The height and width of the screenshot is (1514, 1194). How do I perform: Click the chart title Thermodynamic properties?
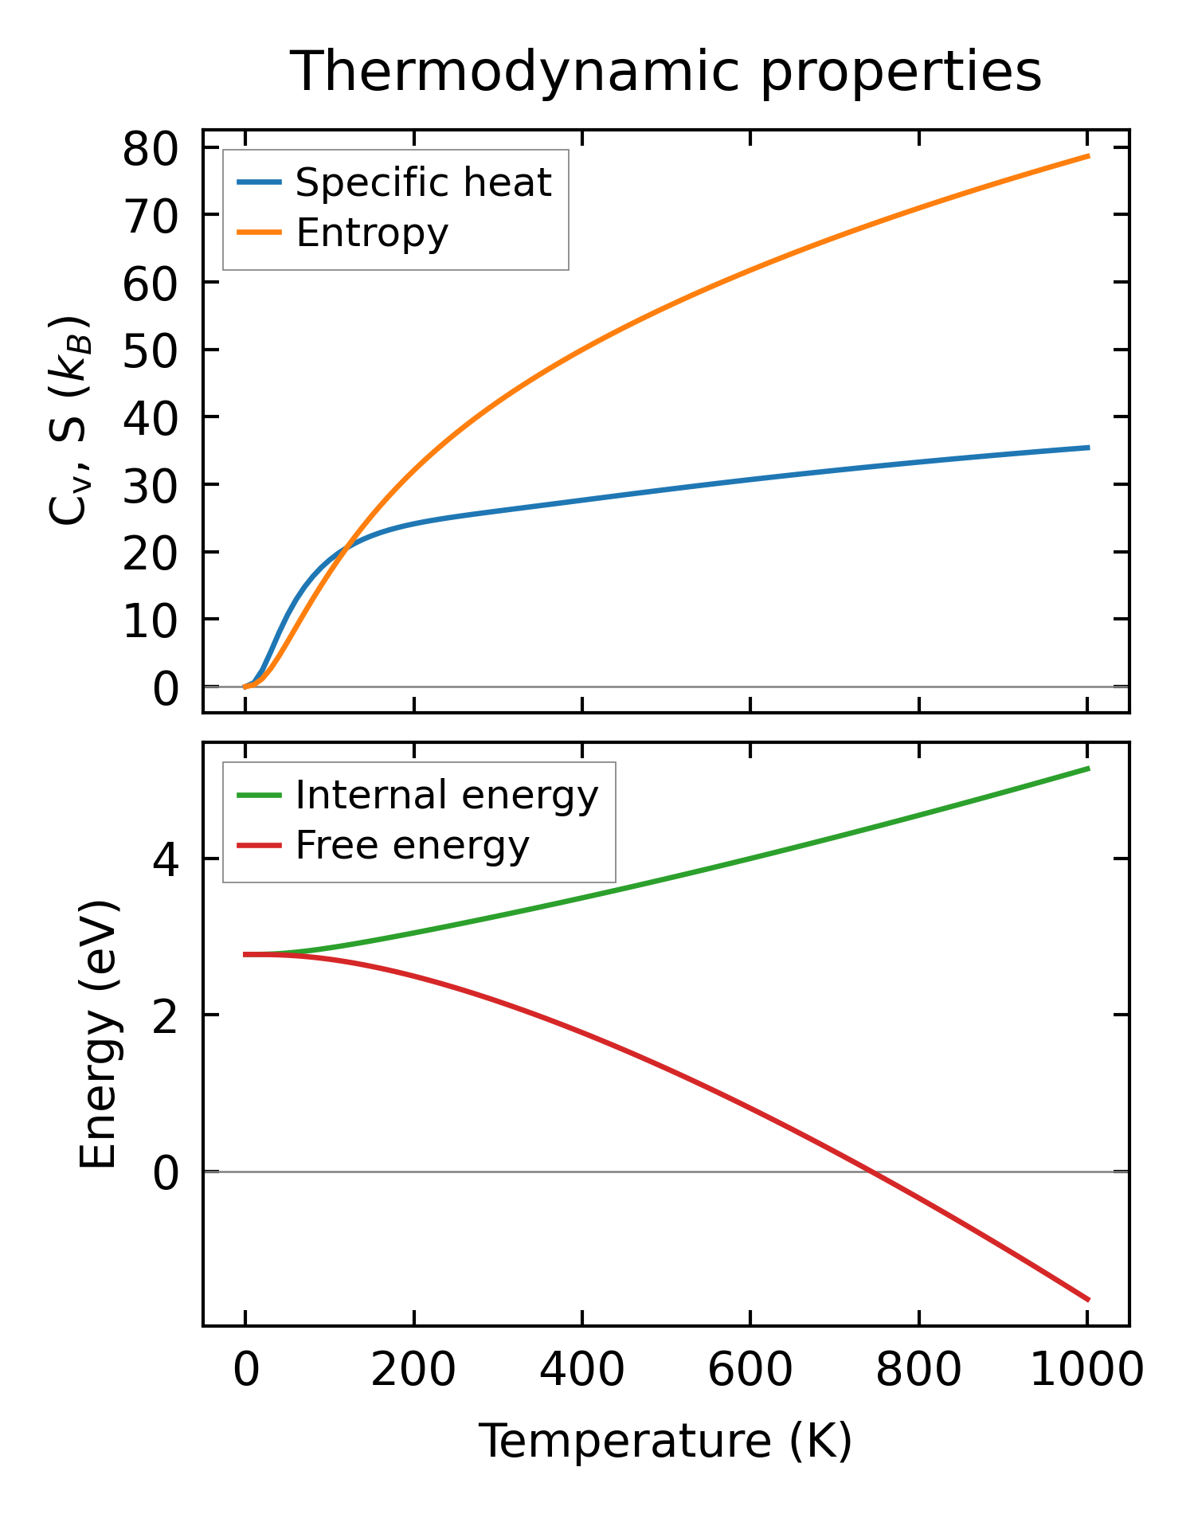coord(665,72)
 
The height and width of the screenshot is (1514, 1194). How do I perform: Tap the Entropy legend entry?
coord(372,233)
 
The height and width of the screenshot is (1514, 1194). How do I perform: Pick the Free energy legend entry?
coord(412,845)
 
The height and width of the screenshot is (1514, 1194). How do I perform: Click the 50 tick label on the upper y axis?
coord(149,350)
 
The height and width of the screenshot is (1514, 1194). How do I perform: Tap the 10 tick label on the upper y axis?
coord(149,620)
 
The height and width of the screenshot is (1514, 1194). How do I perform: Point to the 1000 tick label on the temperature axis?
coord(1086,1371)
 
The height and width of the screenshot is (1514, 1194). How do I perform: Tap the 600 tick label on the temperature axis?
coord(750,1371)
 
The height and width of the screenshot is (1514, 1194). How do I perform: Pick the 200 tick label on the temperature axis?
coord(413,1371)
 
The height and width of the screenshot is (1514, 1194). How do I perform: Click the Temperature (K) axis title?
coord(665,1441)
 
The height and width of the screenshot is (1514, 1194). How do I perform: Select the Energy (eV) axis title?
coord(100,1035)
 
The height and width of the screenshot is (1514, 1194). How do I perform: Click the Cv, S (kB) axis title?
coord(69,421)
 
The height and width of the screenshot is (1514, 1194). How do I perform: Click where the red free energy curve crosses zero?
coord(873,1172)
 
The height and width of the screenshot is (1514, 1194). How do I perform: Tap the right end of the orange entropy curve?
coord(1088,156)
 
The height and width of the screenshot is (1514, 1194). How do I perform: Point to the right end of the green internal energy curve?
coord(1088,768)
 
